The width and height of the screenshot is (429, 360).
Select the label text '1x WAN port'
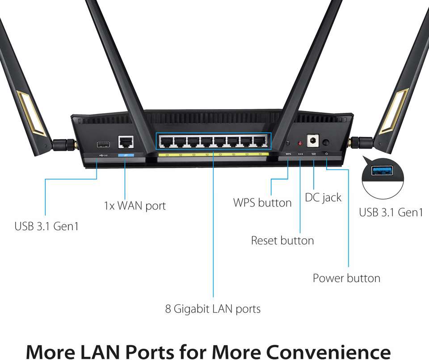pyautogui.click(x=135, y=206)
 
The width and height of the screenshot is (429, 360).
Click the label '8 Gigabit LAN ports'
pyautogui.click(x=213, y=309)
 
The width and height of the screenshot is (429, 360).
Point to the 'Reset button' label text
pyautogui.click(x=282, y=241)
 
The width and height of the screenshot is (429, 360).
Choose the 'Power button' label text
pyautogui.click(x=346, y=278)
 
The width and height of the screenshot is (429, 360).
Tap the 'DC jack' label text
pyautogui.click(x=323, y=197)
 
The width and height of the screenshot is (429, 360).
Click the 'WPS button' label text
pyautogui.click(x=262, y=203)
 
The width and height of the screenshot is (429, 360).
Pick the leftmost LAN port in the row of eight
pyautogui.click(x=167, y=142)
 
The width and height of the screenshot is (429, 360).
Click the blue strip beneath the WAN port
pyautogui.click(x=126, y=154)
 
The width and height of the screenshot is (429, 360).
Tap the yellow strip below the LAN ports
pyautogui.click(x=213, y=154)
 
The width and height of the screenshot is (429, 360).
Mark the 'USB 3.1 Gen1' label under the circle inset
pyautogui.click(x=391, y=212)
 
